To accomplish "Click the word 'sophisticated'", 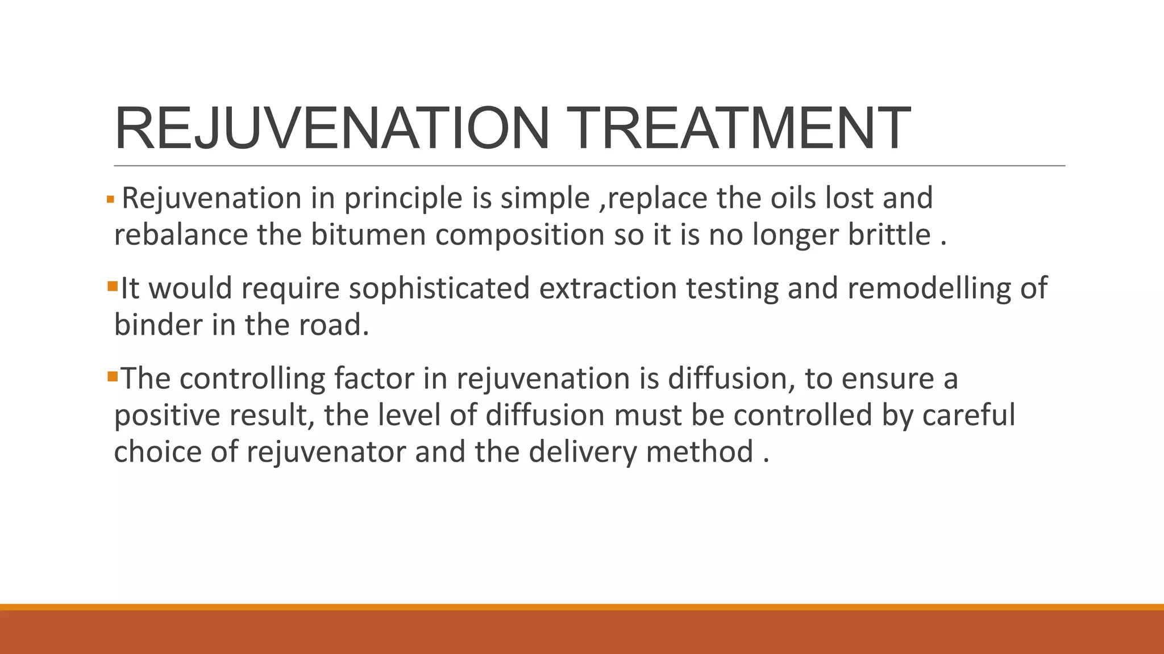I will (439, 289).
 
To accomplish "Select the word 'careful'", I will (968, 416).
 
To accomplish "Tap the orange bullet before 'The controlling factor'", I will (112, 375).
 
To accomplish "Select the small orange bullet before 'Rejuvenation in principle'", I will (110, 200).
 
